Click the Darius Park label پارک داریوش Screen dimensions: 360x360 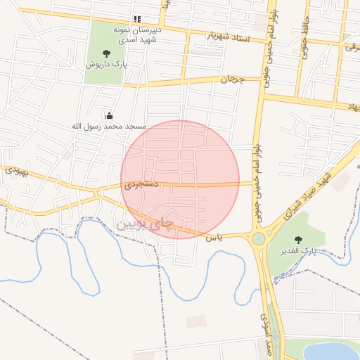[x=106, y=64]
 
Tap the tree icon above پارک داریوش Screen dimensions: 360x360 [x=106, y=53]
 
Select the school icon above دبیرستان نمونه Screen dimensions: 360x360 [x=137, y=19]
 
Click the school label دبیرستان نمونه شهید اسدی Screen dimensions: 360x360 [x=139, y=35]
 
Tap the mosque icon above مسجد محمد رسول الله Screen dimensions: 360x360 [x=109, y=115]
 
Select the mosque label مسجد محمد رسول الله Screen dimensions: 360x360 [x=108, y=126]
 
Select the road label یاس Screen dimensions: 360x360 [x=214, y=238]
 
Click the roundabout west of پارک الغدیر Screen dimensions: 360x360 [x=259, y=238]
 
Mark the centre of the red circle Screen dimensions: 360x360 [x=180, y=179]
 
